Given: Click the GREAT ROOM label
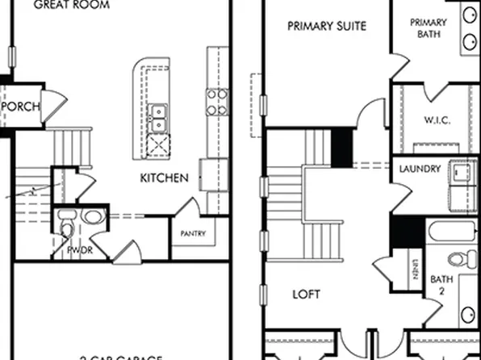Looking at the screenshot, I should point(70,5).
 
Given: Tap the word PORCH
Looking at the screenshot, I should point(22,107).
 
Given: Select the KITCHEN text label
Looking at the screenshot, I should point(165,178).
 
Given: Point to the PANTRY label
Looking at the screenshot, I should point(193,235).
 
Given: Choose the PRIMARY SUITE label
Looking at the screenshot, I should point(327,26).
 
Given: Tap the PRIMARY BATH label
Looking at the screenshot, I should point(428,28).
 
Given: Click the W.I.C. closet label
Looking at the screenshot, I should point(437,120).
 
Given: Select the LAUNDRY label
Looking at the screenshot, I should point(420,170).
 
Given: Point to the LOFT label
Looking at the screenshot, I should point(307,295).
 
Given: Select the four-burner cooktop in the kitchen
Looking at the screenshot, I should point(216,102).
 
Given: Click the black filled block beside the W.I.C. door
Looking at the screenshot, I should point(343,146).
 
